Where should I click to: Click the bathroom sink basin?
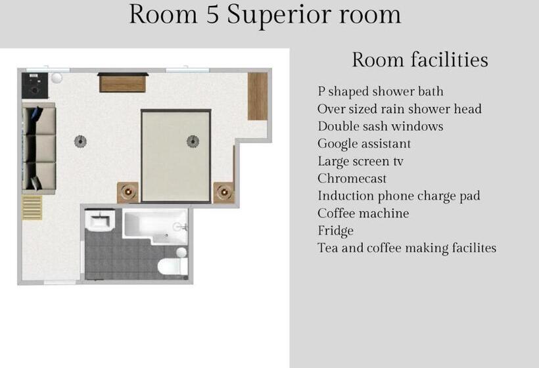point(100,219)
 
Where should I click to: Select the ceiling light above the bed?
point(193,140)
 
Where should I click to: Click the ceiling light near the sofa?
point(80,140)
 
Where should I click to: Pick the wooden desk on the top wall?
point(123,83)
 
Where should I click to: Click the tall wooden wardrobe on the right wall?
point(257,96)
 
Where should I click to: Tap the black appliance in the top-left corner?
point(32,84)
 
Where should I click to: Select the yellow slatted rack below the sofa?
point(32,206)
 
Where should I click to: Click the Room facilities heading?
point(419,60)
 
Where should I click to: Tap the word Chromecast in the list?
point(352,179)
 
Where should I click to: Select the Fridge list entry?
point(335,231)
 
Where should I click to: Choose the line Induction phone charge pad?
point(398,196)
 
